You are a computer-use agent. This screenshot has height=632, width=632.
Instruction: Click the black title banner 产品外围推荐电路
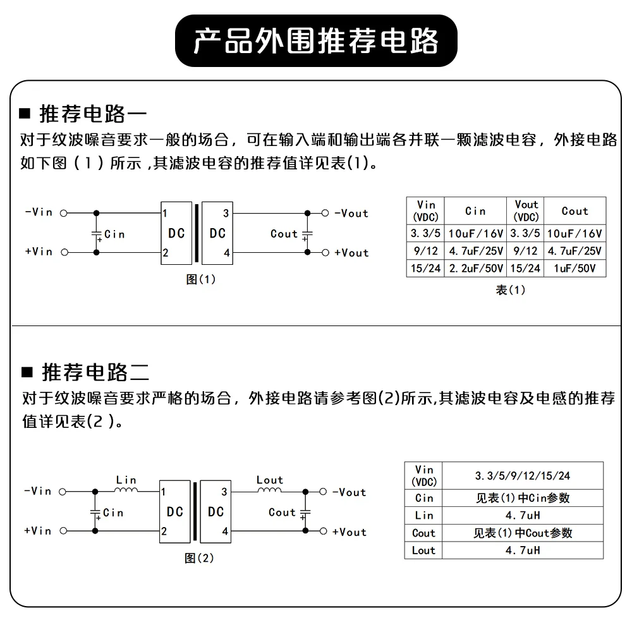point(315,40)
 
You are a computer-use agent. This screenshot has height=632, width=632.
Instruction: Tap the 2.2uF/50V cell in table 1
point(475,269)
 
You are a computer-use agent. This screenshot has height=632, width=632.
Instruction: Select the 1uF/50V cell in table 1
point(574,269)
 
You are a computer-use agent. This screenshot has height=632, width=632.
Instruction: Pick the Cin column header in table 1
point(475,211)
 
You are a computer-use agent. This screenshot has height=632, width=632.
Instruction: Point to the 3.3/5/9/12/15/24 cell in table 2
point(523,476)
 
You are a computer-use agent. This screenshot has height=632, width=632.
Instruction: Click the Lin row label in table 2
point(423,515)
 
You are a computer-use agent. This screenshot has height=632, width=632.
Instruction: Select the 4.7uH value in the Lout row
point(523,550)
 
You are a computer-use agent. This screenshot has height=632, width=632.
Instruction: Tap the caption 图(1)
point(201,279)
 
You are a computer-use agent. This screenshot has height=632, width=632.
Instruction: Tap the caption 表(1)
point(510,290)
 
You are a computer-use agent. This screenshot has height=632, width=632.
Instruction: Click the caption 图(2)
point(200,558)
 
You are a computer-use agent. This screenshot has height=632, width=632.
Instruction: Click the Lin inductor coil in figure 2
point(126,490)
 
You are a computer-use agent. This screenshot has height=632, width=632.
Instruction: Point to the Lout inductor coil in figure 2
point(270,490)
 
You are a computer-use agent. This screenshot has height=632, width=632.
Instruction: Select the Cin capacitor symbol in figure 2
point(96,512)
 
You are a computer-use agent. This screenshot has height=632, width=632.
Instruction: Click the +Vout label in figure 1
point(351,253)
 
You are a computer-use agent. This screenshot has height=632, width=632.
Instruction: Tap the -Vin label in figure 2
point(38,491)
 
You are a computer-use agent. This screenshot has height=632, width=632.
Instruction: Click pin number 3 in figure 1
point(226,213)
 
